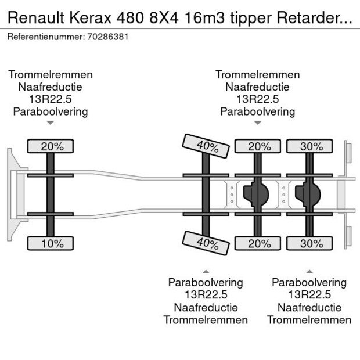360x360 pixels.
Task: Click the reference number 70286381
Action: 108,37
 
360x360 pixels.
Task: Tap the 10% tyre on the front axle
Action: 52,243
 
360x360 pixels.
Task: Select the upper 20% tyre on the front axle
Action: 52,147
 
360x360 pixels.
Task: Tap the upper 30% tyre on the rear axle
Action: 311,147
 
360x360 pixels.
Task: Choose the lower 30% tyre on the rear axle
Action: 311,243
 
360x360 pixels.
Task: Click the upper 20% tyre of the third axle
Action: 259,147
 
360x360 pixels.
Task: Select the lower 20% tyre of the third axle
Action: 259,243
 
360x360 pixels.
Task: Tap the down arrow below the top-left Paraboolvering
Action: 51,123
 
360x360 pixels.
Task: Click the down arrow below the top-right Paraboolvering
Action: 258,123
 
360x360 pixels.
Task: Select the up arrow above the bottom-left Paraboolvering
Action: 206,271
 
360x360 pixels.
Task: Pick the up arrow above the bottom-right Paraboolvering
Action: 309,271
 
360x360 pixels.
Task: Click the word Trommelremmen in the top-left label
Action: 51,75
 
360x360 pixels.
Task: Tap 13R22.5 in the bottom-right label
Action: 309,295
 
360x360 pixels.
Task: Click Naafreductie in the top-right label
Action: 258,87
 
